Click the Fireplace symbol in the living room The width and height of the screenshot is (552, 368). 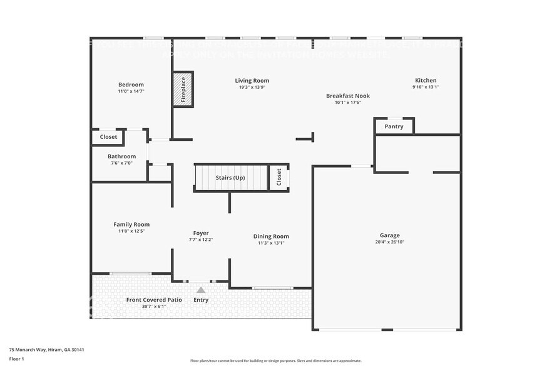(183, 89)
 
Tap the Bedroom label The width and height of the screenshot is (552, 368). (131, 84)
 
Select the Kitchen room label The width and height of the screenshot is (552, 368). (426, 80)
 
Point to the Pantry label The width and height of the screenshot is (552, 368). (394, 126)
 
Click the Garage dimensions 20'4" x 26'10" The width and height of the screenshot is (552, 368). (389, 242)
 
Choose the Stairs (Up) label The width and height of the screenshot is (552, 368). (230, 178)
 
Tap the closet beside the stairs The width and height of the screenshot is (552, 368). (279, 177)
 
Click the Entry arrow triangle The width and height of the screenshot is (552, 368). (201, 290)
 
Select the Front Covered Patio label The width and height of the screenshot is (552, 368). (154, 300)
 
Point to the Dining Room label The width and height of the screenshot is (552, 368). (271, 236)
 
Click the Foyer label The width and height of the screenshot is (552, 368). (201, 233)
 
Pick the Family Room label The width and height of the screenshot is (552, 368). (131, 224)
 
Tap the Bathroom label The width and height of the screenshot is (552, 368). (121, 156)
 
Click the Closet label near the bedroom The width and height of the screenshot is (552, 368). (108, 136)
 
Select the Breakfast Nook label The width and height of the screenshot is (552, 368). (348, 96)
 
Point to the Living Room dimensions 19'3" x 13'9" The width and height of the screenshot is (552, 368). (252, 87)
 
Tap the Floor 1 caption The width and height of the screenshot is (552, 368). (16, 359)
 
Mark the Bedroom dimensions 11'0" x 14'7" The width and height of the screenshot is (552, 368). (131, 91)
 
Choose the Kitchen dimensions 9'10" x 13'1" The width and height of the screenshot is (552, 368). (426, 87)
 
